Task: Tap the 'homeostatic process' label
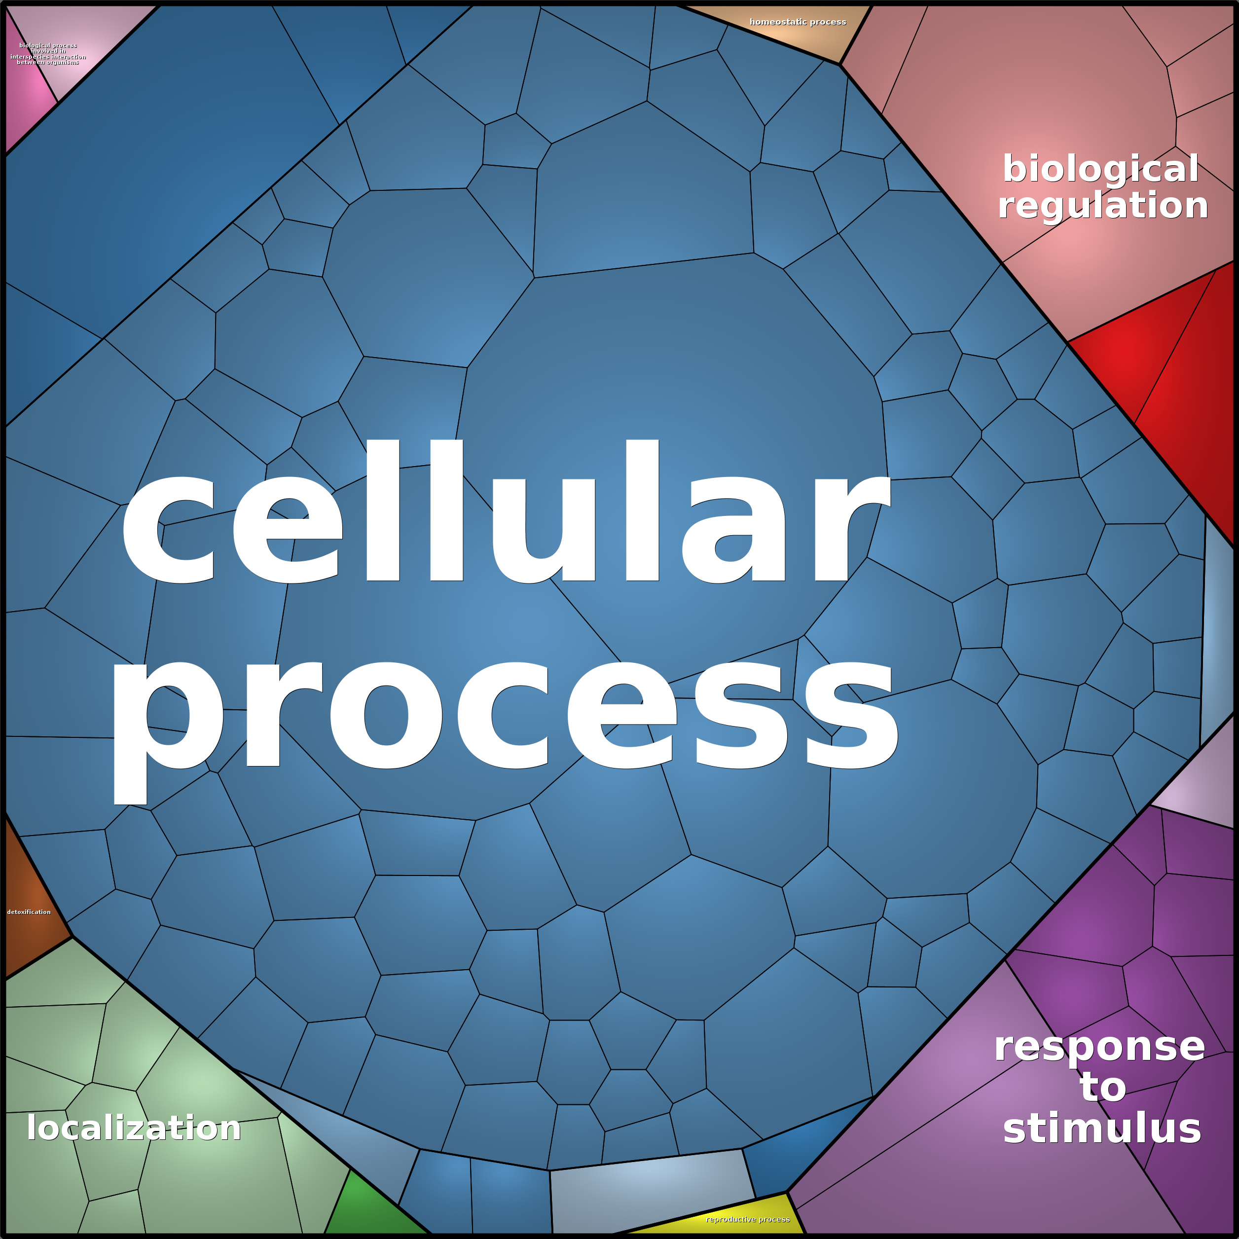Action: (x=798, y=22)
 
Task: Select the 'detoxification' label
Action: (x=29, y=912)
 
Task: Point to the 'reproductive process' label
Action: (x=748, y=1219)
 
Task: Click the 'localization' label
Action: (x=133, y=1128)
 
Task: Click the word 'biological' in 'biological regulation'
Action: (x=1100, y=169)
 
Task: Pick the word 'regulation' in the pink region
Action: (x=1103, y=205)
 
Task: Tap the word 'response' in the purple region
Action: (x=1099, y=1047)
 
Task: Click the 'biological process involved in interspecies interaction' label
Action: (x=48, y=54)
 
